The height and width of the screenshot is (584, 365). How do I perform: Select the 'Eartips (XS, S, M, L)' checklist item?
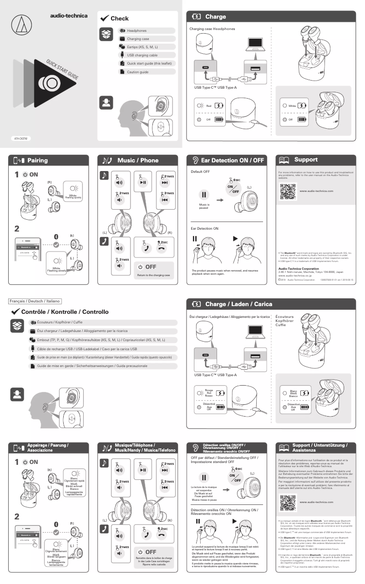[x=142, y=47]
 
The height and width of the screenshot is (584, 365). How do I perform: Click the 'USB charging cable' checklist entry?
[x=142, y=55]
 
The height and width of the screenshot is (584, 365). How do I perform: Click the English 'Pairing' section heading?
[x=37, y=160]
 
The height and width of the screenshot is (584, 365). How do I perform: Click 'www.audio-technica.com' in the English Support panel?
[x=317, y=191]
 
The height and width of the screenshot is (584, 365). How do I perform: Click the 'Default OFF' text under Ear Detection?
[x=200, y=171]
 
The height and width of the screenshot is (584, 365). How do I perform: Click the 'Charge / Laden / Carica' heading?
[x=238, y=304]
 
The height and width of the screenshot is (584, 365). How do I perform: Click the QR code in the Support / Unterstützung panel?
[x=288, y=502]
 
